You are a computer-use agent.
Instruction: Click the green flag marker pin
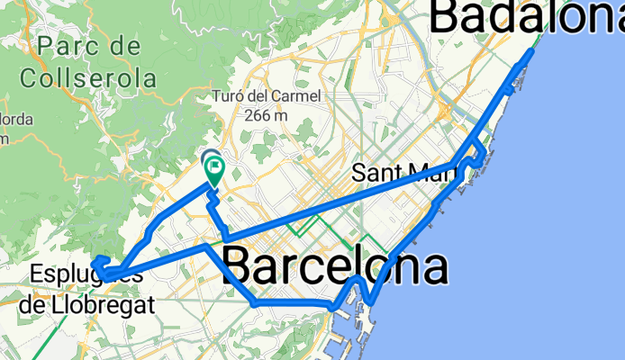click(214, 167)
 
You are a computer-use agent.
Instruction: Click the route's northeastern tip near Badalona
click(530, 50)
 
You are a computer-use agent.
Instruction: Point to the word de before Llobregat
click(32, 305)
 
